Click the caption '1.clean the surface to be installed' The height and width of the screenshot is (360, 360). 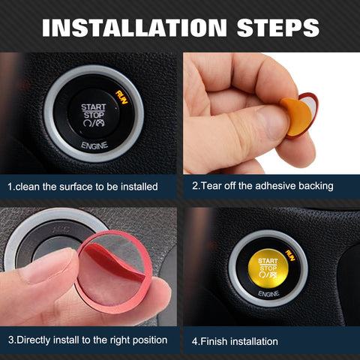(x=82, y=185)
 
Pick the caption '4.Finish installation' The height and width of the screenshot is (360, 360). (x=235, y=341)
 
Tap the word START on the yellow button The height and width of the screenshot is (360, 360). (x=268, y=261)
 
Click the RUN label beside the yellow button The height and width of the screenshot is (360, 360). (x=288, y=253)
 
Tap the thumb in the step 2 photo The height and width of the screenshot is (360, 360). (x=247, y=127)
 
